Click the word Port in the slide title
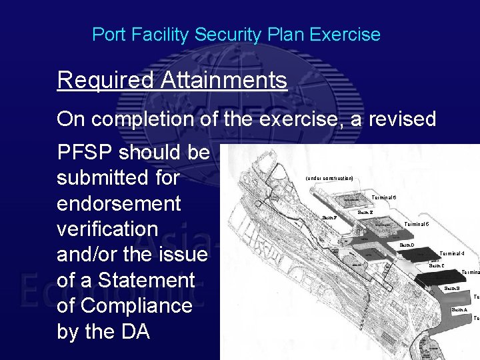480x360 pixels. click(x=105, y=35)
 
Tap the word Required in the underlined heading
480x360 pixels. click(x=106, y=81)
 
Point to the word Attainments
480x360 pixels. click(x=224, y=81)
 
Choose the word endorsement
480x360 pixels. click(x=119, y=203)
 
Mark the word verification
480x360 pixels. click(x=107, y=228)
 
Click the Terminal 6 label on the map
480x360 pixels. click(x=384, y=198)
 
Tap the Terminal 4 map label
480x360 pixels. click(x=452, y=253)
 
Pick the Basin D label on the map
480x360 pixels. click(x=407, y=246)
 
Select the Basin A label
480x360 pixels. click(x=459, y=310)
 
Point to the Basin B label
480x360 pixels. click(x=451, y=289)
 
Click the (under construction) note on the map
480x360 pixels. click(x=329, y=179)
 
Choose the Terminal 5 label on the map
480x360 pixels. click(x=417, y=224)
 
